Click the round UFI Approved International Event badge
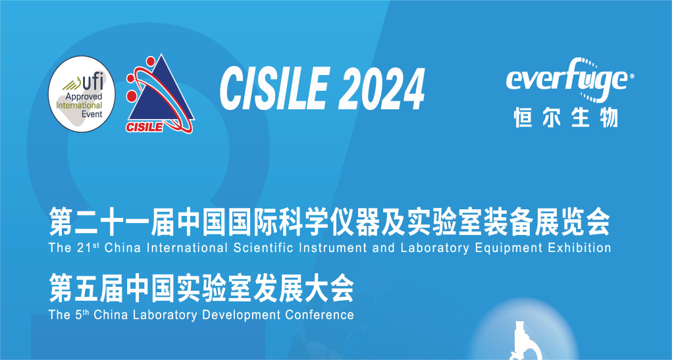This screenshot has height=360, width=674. coord(82,93)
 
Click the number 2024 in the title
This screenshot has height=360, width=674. coord(382,90)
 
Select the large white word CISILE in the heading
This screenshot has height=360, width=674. coord(275,90)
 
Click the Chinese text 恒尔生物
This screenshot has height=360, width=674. coord(566,117)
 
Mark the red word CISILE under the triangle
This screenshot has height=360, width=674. coord(144,127)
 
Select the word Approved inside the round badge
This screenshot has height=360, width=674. coord(84,97)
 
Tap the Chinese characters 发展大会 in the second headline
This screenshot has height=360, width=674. coord(303,289)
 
